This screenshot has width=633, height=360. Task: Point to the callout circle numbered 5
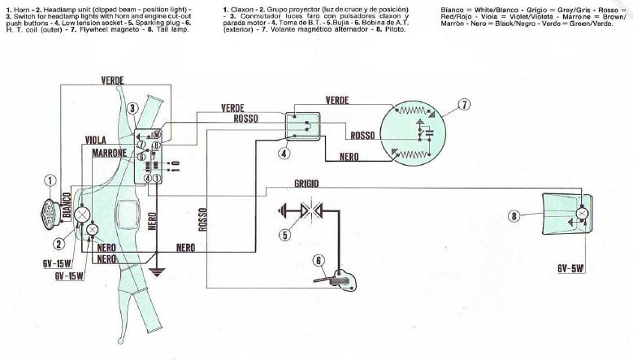coord(284,236)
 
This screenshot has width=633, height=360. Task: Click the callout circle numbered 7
coord(463,105)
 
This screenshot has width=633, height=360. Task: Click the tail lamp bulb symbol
coord(582,214)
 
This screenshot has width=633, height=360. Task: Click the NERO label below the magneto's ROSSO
coord(349,155)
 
